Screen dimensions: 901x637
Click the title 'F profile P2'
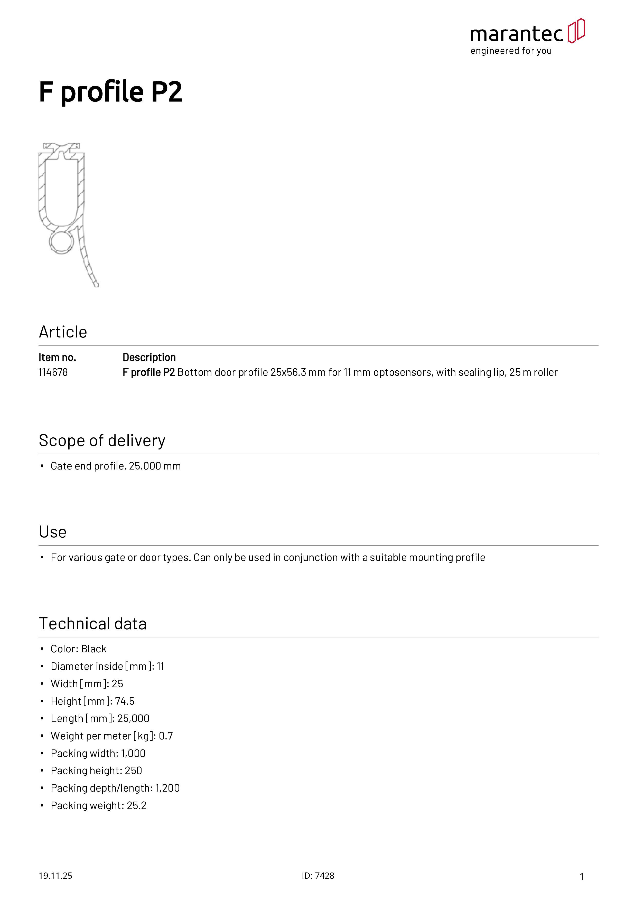(111, 92)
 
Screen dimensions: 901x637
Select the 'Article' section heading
(63, 332)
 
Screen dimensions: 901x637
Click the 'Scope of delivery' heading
(102, 441)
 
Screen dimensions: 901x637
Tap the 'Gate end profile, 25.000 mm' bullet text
(116, 466)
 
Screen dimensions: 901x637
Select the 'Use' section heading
(53, 532)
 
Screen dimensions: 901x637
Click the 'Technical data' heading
(93, 624)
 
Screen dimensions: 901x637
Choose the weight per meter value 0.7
(166, 736)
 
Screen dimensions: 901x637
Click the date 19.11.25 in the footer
(55, 876)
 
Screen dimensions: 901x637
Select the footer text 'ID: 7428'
(318, 876)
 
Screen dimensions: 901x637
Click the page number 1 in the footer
(582, 876)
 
